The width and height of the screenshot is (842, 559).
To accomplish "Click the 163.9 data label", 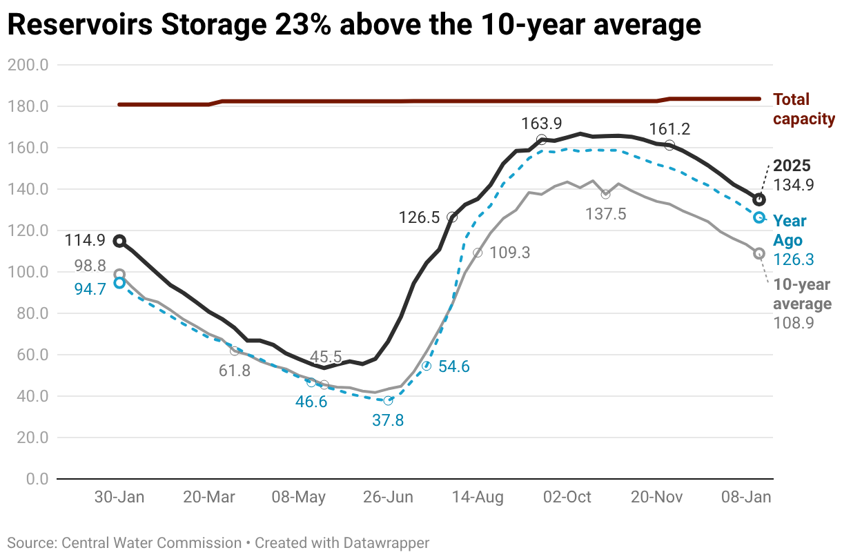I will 542,124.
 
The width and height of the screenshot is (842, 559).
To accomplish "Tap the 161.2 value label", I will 670,129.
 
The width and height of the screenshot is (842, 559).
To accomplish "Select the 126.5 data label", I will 419,218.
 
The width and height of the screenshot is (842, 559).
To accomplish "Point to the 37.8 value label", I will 388,420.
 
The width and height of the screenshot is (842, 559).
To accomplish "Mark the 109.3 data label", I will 510,253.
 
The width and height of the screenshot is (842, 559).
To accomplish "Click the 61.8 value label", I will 234,371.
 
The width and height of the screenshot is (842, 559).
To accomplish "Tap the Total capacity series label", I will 803,109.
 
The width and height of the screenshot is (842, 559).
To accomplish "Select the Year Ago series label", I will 790,231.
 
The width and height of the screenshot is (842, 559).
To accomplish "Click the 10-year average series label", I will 802,294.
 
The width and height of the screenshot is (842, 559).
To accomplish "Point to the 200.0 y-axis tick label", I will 28,66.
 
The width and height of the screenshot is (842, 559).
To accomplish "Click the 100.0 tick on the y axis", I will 28,272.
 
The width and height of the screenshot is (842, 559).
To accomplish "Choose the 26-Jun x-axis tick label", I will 388,498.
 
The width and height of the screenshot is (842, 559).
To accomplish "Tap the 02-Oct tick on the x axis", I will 567,498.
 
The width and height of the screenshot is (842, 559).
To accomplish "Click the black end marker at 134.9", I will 758,200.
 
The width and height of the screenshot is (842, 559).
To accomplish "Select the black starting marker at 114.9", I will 119,241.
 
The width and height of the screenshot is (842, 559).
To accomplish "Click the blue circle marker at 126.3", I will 758,217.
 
